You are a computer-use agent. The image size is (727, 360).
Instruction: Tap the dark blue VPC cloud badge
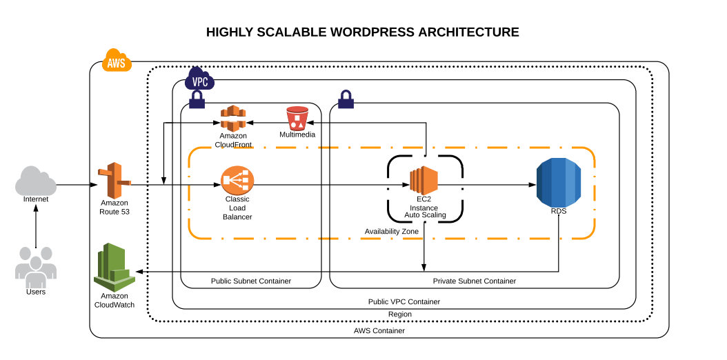coord(199,80)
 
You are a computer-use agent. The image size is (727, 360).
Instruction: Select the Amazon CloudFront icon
coord(233,119)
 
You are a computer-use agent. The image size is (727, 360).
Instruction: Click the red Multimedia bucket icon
coord(297,118)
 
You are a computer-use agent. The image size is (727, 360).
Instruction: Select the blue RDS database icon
coord(559,182)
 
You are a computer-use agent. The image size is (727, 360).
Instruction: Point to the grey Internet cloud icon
coord(36,181)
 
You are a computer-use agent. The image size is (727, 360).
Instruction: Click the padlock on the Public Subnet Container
coord(197,101)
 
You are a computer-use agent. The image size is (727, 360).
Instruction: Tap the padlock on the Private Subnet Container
coord(346,101)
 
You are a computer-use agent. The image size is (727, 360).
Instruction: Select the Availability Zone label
coord(391,231)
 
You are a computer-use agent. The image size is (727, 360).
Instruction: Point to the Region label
coord(399,314)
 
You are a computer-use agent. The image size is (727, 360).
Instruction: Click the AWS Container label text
coord(379,331)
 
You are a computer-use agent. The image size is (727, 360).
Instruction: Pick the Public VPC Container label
coord(404,302)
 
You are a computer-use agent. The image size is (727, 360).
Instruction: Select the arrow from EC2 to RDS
coord(497,186)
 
